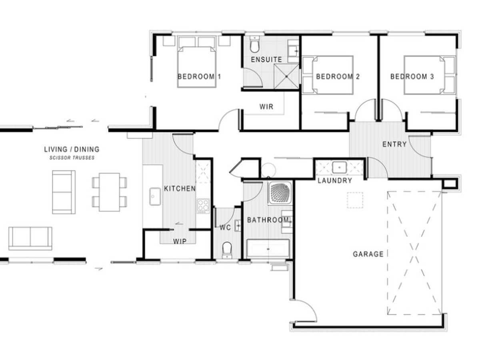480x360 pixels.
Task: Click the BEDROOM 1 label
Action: (x=199, y=77)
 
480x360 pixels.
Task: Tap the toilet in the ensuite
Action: (x=254, y=44)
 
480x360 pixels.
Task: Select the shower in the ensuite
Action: (x=286, y=76)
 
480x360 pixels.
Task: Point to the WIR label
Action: (x=266, y=107)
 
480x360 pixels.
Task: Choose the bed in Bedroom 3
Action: (x=430, y=75)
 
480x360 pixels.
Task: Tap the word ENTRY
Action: (x=394, y=144)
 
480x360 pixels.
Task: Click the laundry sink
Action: (x=339, y=168)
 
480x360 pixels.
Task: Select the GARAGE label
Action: (x=368, y=254)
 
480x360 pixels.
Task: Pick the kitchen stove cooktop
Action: (x=203, y=206)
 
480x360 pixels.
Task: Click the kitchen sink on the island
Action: (x=155, y=196)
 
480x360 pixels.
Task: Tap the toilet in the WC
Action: (x=227, y=250)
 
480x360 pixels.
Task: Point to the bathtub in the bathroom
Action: (x=268, y=249)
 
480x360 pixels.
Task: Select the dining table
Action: (x=109, y=192)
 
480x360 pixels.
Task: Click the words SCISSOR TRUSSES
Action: (x=72, y=158)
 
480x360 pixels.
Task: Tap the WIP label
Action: (x=180, y=241)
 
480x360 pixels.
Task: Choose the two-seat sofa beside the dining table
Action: (x=64, y=192)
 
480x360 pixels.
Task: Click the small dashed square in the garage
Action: (x=355, y=200)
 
